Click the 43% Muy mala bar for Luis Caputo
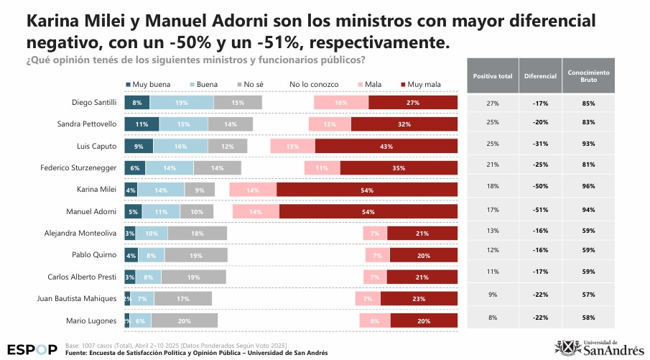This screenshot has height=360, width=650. point(386,147)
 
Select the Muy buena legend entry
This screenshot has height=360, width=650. point(148,85)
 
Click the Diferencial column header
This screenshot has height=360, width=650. point(540,75)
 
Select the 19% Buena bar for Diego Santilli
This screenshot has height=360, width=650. point(182,103)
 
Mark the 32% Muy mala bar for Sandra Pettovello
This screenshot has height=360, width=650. point(404,124)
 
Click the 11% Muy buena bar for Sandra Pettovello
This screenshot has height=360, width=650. point(141,124)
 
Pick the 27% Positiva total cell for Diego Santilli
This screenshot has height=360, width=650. point(493,103)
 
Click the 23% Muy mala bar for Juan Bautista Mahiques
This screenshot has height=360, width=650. point(419,298)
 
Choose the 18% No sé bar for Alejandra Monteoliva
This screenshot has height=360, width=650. point(197,234)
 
